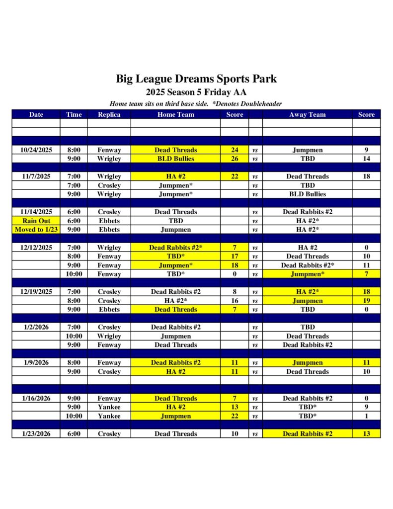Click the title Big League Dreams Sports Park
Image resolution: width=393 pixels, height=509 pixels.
click(x=196, y=79)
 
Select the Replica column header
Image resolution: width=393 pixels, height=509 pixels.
click(x=109, y=114)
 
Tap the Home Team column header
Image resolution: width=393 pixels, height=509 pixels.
click(x=175, y=114)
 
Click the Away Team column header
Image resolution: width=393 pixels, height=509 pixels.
click(x=307, y=114)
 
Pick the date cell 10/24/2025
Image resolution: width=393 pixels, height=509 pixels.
click(x=36, y=150)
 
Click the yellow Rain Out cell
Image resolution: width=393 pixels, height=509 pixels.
click(x=36, y=221)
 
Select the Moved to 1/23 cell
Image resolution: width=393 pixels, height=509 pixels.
click(x=36, y=230)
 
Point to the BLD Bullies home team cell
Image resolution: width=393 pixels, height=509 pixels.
click(x=175, y=159)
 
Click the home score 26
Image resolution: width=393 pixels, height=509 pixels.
click(x=235, y=159)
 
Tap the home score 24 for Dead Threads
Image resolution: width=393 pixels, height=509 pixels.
click(x=235, y=150)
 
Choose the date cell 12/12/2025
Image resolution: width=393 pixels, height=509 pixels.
click(x=36, y=248)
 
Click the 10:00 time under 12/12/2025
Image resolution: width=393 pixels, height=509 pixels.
click(x=74, y=274)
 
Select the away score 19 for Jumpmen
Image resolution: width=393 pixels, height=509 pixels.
click(x=366, y=301)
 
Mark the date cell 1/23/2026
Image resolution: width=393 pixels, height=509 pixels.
click(x=36, y=434)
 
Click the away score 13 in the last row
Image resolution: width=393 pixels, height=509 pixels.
click(x=366, y=434)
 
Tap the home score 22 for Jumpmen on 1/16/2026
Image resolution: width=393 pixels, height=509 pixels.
click(x=235, y=416)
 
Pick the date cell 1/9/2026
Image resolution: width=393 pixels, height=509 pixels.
click(x=36, y=363)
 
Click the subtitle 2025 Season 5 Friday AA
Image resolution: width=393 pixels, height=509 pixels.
click(x=196, y=92)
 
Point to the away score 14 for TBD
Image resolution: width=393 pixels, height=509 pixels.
click(x=366, y=159)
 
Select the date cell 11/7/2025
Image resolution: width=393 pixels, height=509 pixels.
click(x=36, y=176)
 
